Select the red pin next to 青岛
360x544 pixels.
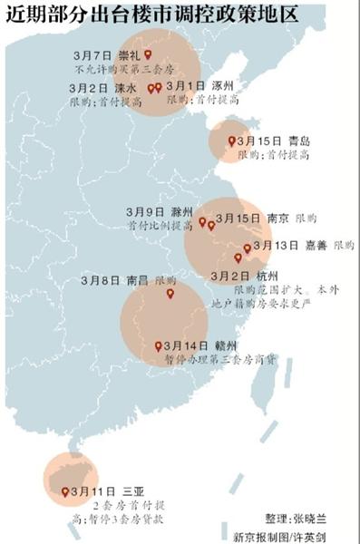click(230, 141)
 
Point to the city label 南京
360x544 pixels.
click(279, 219)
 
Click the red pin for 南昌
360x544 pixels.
click(170, 293)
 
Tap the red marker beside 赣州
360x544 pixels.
click(159, 346)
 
